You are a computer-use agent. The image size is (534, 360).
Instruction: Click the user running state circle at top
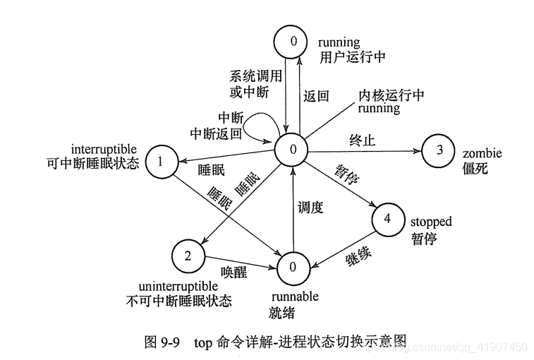click(293, 42)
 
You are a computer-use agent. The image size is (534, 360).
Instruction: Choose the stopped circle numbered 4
click(387, 220)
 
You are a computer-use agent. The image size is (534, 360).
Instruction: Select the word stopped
click(430, 222)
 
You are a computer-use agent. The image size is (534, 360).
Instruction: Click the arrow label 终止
click(362, 140)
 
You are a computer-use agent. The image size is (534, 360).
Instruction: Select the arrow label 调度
click(310, 208)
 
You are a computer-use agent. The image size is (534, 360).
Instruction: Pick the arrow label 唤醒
click(234, 273)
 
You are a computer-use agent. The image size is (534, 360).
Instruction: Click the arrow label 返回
click(316, 97)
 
